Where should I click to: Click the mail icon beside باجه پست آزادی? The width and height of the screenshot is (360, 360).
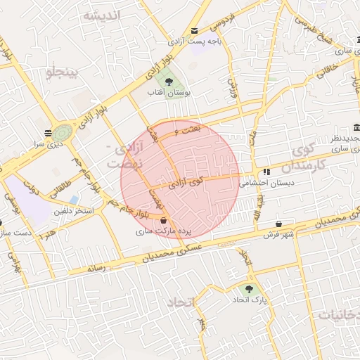(195, 30)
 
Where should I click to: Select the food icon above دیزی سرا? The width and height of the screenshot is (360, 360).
(48, 133)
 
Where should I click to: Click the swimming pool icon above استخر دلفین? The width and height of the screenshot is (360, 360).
(74, 200)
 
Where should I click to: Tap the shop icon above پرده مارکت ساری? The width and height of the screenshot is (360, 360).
(163, 221)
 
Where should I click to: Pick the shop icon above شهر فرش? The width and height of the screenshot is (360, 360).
(279, 223)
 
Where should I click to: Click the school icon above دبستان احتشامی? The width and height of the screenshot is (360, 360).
(266, 172)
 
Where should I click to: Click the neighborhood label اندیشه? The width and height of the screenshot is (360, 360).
(101, 15)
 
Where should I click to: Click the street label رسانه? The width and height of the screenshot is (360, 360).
(96, 269)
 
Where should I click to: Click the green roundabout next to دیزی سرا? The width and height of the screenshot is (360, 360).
(63, 132)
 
